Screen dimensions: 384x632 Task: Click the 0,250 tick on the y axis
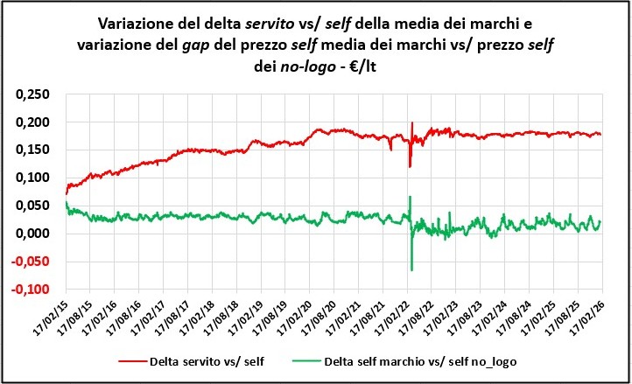point(32,94)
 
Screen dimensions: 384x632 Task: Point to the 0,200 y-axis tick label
point(32,122)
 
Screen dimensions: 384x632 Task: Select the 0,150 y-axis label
point(32,150)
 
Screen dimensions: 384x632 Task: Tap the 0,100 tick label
point(32,178)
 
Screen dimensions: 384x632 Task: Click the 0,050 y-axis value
point(32,206)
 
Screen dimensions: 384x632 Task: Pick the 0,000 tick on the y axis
point(32,234)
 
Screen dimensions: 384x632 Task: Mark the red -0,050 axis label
point(31,262)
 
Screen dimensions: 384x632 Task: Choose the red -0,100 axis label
point(31,290)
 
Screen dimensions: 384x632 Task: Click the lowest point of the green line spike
point(411,269)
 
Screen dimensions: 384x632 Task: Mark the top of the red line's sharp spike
point(411,123)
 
